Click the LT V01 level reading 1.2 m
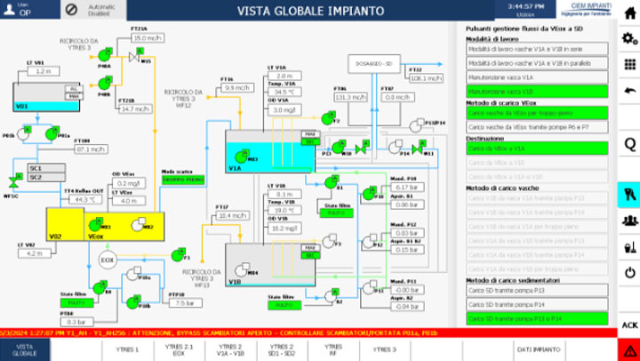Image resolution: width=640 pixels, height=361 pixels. coord(42,70)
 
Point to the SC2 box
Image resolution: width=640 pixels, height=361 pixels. coord(36,177)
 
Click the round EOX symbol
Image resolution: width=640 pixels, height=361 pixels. coord(108,260)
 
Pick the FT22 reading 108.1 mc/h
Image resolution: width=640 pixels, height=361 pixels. coord(427,78)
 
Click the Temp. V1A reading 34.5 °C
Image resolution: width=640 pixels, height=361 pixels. coord(284,92)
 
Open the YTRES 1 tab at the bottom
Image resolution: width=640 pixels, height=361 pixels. coord(128,349)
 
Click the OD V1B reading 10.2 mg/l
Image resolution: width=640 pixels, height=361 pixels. coord(284,228)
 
